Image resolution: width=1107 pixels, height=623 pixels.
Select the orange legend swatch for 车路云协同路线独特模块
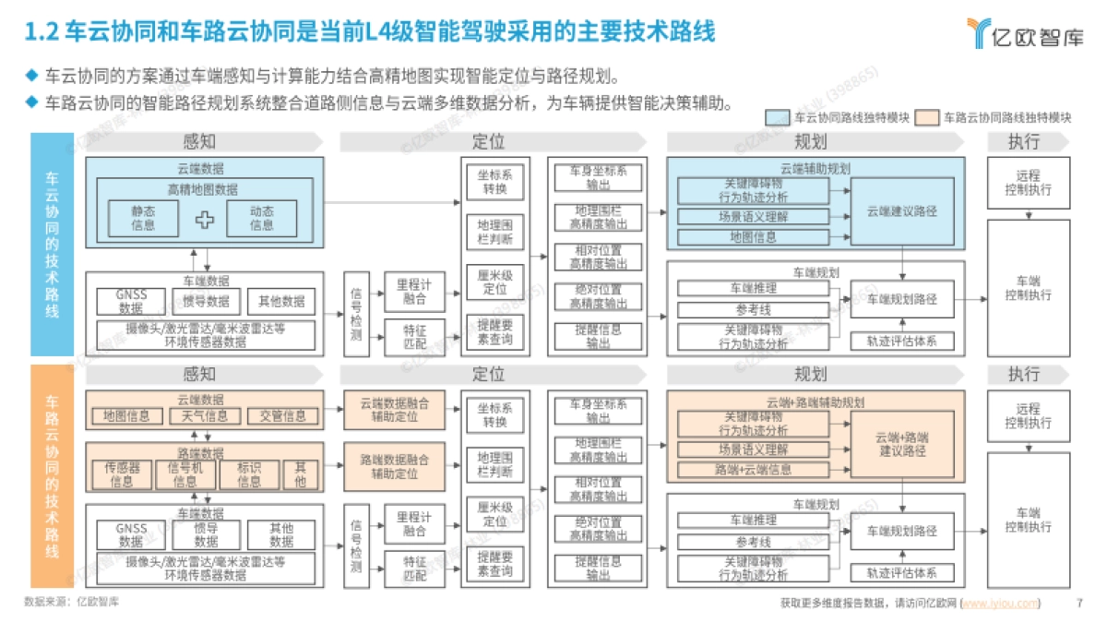(926, 118)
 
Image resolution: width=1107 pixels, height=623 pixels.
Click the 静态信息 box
(143, 218)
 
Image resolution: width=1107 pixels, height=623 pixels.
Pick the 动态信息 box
(261, 218)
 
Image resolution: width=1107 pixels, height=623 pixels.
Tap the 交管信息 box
(282, 416)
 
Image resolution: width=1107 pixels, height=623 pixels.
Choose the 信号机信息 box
(185, 474)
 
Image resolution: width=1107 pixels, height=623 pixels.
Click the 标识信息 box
(249, 474)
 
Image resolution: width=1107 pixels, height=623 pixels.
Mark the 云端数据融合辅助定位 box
(394, 410)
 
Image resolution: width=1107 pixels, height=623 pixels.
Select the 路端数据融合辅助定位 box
(394, 466)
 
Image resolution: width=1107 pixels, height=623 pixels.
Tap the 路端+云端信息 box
(753, 470)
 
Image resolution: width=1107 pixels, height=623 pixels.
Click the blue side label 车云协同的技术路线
(52, 245)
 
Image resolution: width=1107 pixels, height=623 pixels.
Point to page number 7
(1079, 604)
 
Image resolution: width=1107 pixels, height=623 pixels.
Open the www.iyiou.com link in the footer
(1000, 604)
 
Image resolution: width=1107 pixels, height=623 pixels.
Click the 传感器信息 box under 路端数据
(122, 474)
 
